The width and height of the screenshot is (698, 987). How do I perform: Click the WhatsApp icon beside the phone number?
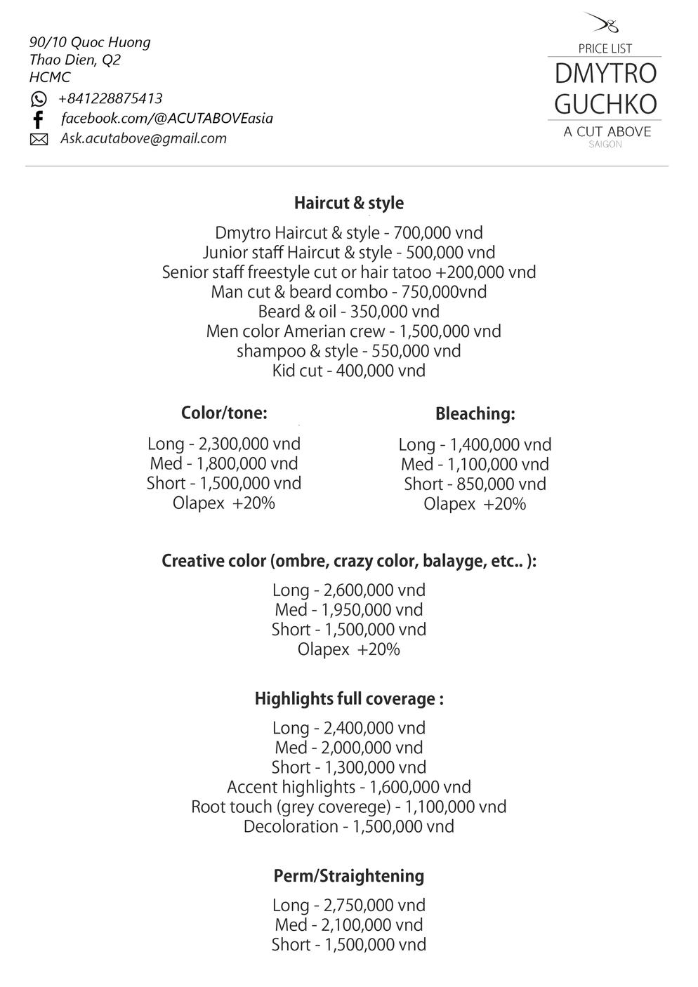point(39,99)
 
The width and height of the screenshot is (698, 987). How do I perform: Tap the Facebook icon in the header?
point(39,119)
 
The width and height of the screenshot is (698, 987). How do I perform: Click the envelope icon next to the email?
point(39,140)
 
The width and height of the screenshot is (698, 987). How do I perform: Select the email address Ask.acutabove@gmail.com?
point(143,138)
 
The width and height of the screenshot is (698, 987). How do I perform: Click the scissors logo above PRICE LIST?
point(604,24)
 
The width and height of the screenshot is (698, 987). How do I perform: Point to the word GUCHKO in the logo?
point(605,104)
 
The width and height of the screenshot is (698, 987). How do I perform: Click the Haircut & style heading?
point(348,203)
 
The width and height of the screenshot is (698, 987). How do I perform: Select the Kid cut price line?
point(348,371)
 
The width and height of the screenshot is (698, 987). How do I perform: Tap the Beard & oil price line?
point(348,312)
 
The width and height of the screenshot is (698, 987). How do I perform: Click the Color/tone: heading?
point(224,413)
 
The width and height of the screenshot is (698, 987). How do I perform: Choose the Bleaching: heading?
point(475,413)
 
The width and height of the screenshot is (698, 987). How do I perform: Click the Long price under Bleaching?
point(475,444)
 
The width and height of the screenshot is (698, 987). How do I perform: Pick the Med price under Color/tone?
point(224,463)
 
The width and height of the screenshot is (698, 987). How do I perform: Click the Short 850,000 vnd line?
point(475,484)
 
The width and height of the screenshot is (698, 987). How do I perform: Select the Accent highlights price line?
point(348,787)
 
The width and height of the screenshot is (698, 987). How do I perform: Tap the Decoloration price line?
point(348,826)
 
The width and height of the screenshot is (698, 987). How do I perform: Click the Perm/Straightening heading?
point(348,876)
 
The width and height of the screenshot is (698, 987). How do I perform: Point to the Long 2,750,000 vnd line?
point(348,905)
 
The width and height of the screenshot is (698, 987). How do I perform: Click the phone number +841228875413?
point(110,98)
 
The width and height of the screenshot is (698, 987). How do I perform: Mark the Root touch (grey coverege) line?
point(348,807)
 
